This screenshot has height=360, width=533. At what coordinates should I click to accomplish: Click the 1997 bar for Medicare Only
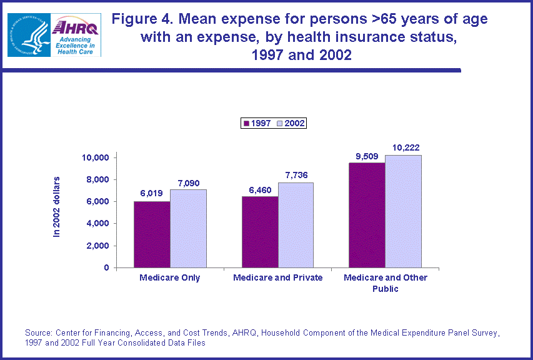click(152, 234)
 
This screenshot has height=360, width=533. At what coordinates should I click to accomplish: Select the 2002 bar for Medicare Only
click(188, 229)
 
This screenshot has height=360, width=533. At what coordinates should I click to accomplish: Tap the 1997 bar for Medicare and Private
click(260, 232)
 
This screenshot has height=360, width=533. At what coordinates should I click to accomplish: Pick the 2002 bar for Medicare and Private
click(296, 225)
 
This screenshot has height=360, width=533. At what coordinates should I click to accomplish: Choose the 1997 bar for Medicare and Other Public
click(367, 215)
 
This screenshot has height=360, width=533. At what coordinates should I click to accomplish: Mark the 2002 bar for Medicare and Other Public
click(403, 211)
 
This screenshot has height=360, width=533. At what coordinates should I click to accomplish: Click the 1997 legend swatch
click(246, 124)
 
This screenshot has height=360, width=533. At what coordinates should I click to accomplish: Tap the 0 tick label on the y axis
click(106, 268)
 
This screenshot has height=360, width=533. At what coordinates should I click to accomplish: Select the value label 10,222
click(404, 147)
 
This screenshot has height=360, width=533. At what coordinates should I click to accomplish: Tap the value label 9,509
click(368, 155)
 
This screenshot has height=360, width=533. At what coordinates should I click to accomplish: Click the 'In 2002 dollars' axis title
click(57, 206)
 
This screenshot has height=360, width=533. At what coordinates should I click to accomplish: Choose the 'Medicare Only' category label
click(170, 277)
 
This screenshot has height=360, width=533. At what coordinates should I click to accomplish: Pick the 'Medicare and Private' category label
click(277, 277)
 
